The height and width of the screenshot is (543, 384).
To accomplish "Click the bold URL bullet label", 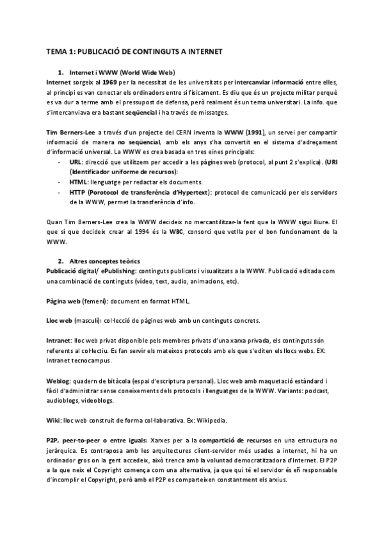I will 76,164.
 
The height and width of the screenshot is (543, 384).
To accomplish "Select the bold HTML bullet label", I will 78,182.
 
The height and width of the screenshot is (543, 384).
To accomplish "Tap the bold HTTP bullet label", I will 77,191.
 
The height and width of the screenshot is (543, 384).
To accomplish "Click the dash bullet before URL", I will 59,164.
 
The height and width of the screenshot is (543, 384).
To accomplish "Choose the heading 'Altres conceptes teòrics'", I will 105,262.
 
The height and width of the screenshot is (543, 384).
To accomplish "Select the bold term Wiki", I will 54,421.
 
